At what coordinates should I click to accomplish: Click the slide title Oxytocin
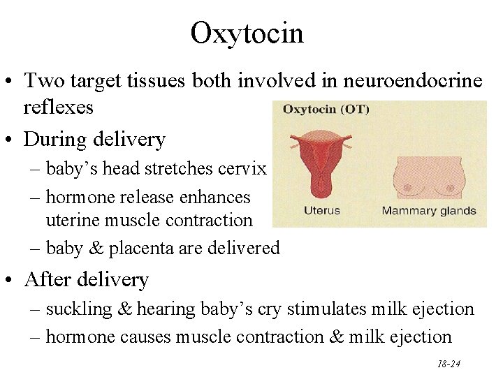click(x=247, y=33)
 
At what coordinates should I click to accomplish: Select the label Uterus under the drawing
click(x=321, y=210)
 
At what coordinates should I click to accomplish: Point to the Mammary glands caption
click(x=429, y=210)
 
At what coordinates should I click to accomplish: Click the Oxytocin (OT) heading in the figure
click(x=326, y=110)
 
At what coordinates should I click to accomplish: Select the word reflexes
click(x=58, y=108)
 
